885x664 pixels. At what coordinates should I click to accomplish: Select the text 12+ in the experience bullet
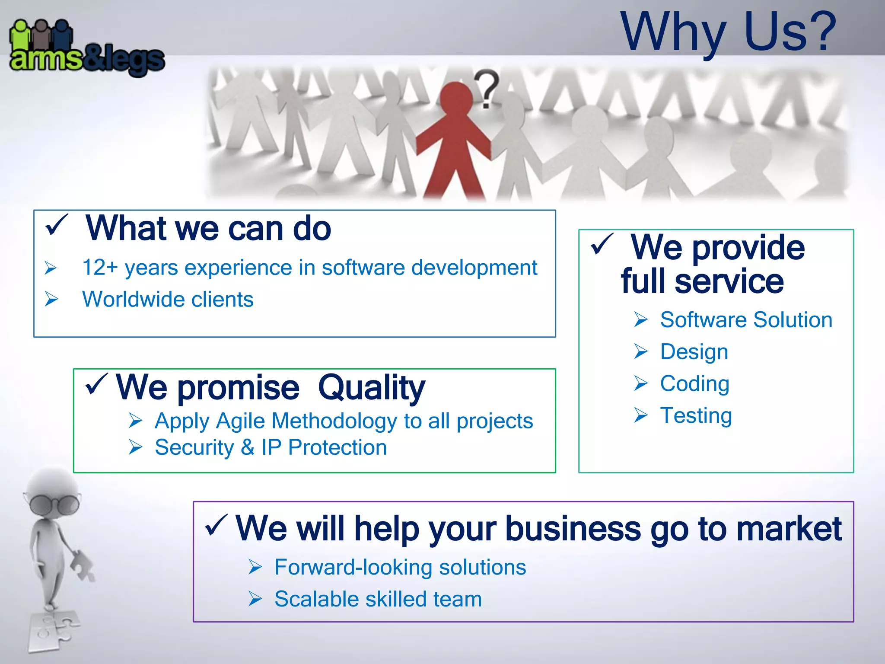(100, 268)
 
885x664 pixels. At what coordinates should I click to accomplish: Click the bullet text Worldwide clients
(168, 299)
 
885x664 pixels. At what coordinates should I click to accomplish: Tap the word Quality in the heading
(372, 387)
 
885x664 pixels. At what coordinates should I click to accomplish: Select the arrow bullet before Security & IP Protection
(135, 447)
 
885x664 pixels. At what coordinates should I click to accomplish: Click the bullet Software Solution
(746, 320)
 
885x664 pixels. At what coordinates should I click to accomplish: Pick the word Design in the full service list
(694, 351)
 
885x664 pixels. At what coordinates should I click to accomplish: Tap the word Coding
(694, 383)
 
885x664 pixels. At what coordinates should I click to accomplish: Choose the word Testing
(696, 415)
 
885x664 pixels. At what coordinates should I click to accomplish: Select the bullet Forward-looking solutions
(400, 567)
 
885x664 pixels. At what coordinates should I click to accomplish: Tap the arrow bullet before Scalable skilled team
(255, 599)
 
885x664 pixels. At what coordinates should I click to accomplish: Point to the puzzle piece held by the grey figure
(82, 565)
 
